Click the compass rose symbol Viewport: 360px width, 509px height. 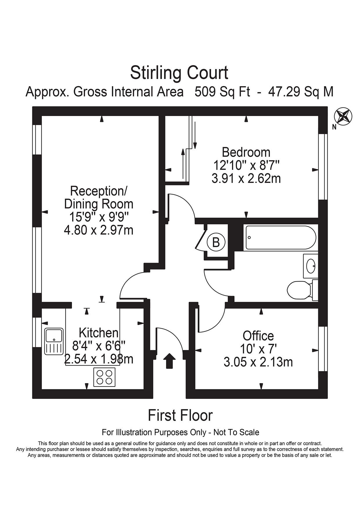pos(343,116)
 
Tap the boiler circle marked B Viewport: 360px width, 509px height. pos(216,242)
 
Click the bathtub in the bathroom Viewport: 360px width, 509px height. pos(280,238)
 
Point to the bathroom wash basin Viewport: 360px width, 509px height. pos(311,266)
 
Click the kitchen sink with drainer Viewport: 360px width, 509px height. pos(54,341)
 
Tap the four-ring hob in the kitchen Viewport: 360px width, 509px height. pos(104,377)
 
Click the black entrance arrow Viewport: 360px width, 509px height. pos(169,361)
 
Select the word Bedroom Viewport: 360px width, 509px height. pos(246,152)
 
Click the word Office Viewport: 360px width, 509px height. pos(258,336)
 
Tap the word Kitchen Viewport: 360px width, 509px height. pos(98,333)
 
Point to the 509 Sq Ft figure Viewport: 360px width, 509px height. pos(222,92)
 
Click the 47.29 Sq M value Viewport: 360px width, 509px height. pos(300,92)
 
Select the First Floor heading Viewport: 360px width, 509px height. pos(180,415)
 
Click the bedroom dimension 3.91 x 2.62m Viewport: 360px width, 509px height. pos(246,178)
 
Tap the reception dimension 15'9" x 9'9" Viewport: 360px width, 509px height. pos(98,217)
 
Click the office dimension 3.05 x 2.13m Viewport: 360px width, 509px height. pos(258,362)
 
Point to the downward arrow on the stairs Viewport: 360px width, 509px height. pos(195,135)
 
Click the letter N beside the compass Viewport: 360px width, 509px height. pos(334,127)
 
